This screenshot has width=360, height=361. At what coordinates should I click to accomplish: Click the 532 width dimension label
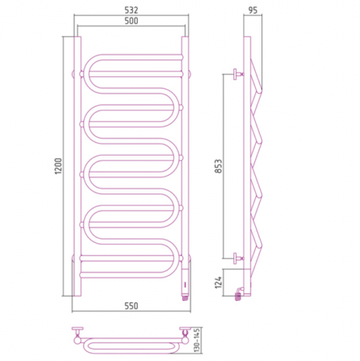click(131, 10)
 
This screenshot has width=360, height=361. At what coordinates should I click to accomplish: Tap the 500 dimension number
click(131, 21)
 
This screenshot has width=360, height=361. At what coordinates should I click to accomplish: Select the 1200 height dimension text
click(59, 166)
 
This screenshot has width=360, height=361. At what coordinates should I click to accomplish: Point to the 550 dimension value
click(131, 306)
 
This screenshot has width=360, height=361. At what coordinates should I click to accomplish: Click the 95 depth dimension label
click(253, 10)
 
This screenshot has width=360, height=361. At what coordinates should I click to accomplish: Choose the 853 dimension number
click(218, 166)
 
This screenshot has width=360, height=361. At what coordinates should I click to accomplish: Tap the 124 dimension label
click(218, 282)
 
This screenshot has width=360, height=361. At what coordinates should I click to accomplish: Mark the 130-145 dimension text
click(196, 340)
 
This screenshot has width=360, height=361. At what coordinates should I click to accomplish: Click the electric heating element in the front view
click(185, 281)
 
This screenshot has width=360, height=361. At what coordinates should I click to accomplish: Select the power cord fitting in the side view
click(239, 294)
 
